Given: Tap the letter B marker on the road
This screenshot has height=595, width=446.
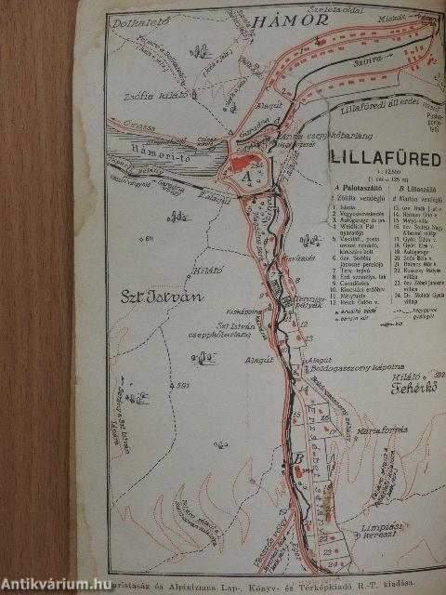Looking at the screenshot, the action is click(x=297, y=458).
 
